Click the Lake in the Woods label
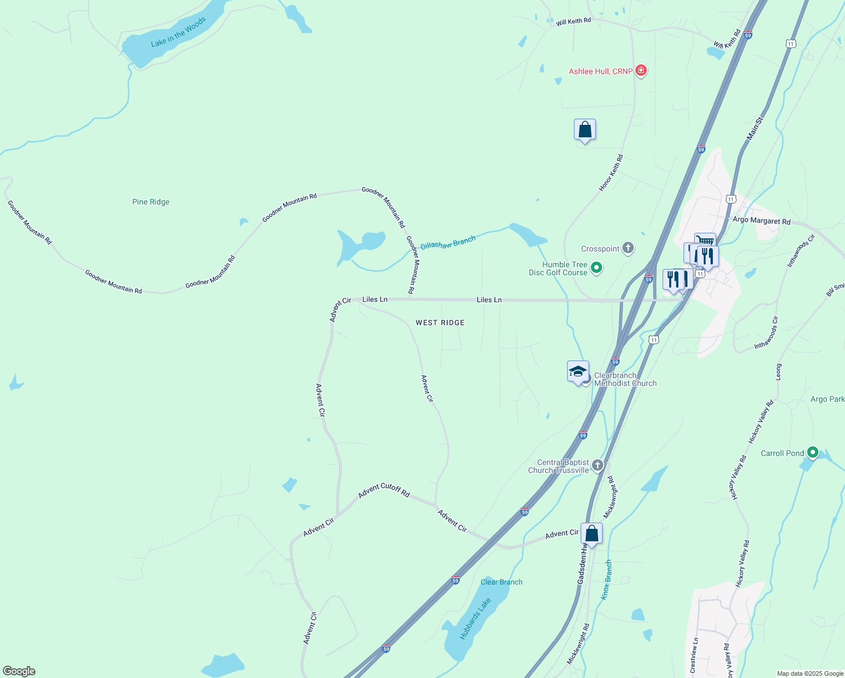pyautogui.click(x=178, y=33)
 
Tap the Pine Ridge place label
pyautogui.click(x=151, y=202)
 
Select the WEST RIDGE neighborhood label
pyautogui.click(x=440, y=323)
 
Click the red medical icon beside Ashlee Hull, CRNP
pyautogui.click(x=641, y=71)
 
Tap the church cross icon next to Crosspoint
pyautogui.click(x=628, y=248)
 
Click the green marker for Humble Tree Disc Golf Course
pyautogui.click(x=596, y=268)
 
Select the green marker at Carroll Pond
pyautogui.click(x=812, y=452)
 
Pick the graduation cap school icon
pyautogui.click(x=578, y=372)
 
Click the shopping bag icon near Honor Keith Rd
pyautogui.click(x=585, y=130)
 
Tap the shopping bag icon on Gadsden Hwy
pyautogui.click(x=591, y=533)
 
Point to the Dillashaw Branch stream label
pyautogui.click(x=448, y=243)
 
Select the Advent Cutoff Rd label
pyautogui.click(x=384, y=490)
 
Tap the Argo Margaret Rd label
pyautogui.click(x=761, y=220)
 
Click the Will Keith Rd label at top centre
pyautogui.click(x=573, y=21)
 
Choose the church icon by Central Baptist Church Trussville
pyautogui.click(x=598, y=466)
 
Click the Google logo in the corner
pyautogui.click(x=19, y=671)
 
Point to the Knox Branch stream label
pyautogui.click(x=606, y=580)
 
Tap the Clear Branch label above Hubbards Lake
pyautogui.click(x=501, y=582)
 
